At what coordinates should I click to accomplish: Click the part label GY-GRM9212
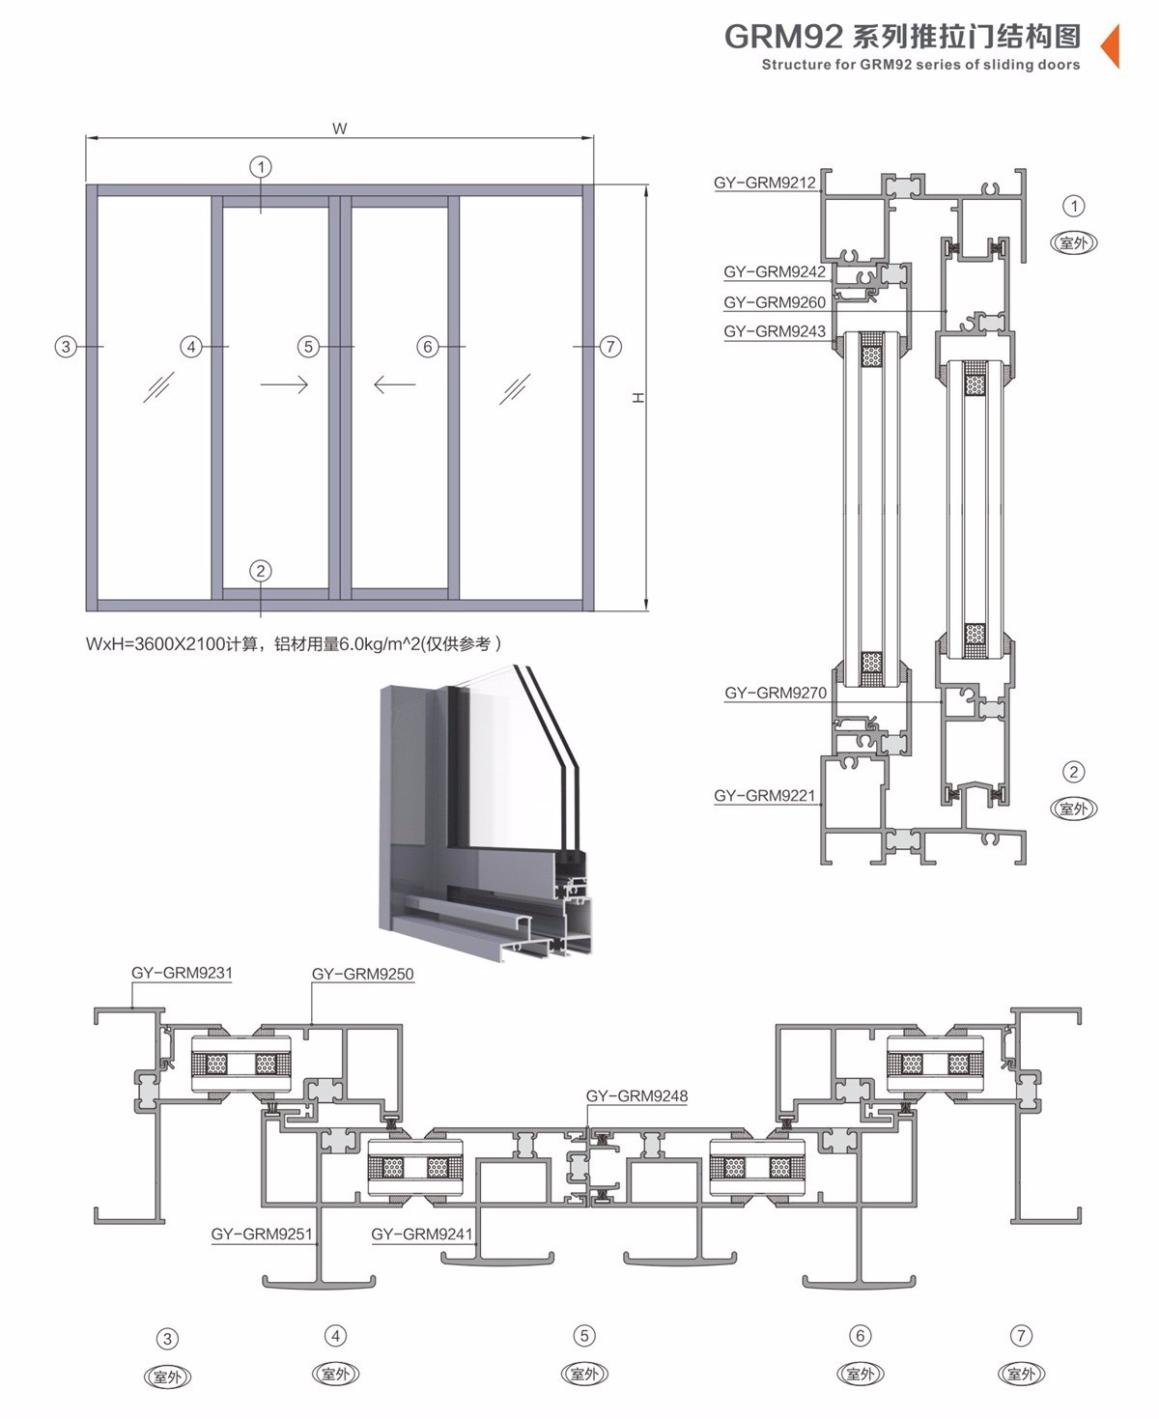point(765,183)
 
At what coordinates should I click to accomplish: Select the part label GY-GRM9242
point(775,272)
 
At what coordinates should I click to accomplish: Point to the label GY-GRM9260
point(775,302)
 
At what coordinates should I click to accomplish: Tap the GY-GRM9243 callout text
point(775,331)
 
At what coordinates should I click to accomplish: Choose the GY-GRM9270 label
point(776,693)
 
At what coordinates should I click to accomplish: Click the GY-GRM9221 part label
point(765,796)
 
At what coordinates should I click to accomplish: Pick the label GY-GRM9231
point(183,973)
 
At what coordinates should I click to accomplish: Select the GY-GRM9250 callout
point(363,975)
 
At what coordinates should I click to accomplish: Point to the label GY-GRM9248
point(637,1096)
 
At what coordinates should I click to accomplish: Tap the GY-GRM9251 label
point(262,1234)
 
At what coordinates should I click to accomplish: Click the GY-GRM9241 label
point(422,1234)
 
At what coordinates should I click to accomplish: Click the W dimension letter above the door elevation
point(339,128)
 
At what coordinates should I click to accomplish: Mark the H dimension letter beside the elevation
point(638,398)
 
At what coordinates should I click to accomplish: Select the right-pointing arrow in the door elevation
point(284,384)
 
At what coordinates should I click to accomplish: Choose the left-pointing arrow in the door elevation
point(394,384)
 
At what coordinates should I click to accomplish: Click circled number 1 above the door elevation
point(261,167)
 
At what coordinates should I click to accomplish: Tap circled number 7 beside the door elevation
point(610,347)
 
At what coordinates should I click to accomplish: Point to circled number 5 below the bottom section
point(584,1336)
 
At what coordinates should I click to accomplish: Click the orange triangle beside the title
point(1111,44)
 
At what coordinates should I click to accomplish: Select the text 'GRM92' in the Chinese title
point(782,37)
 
